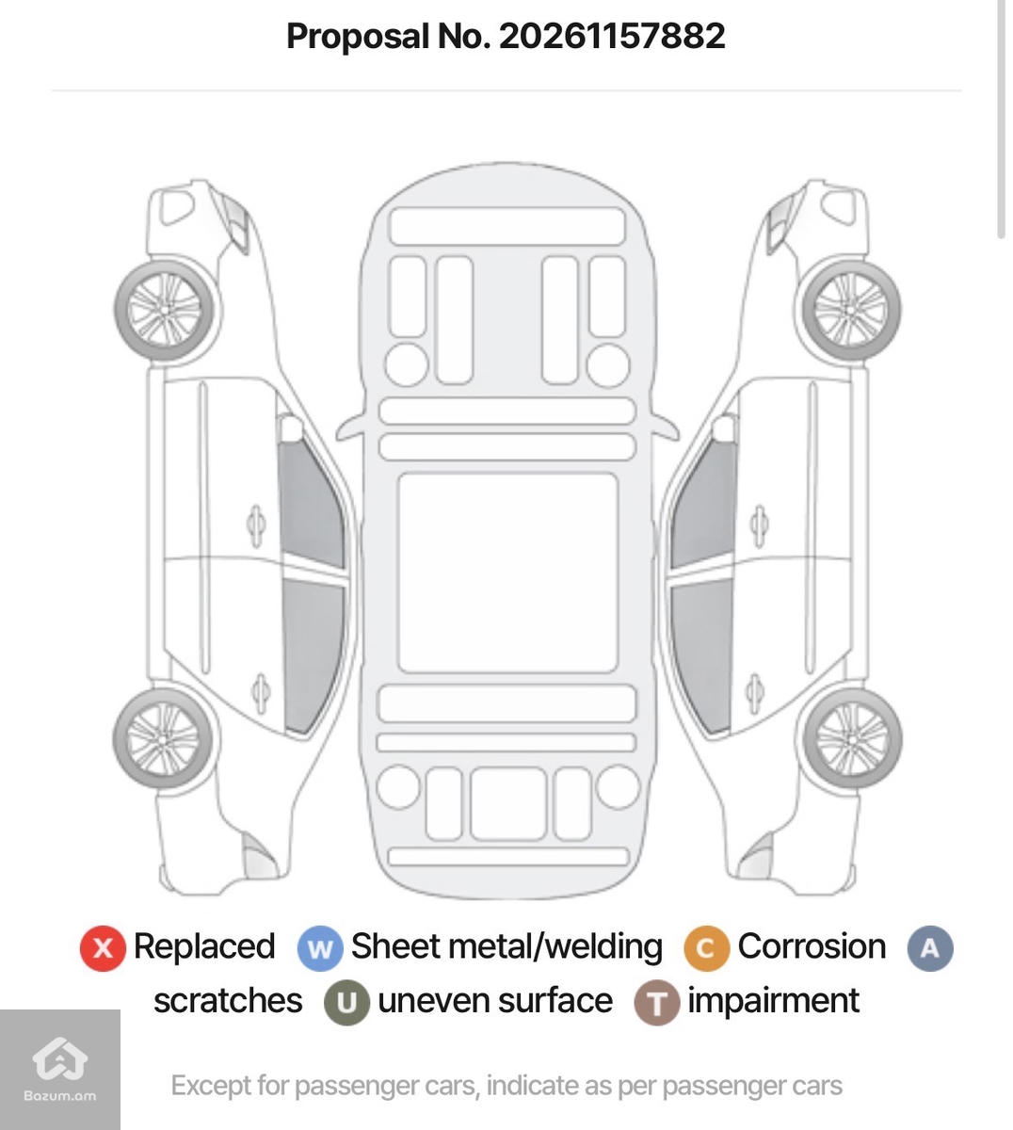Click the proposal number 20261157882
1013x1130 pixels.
tap(612, 36)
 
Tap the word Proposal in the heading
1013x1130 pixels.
tap(358, 38)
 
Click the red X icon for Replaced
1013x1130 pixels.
tap(103, 949)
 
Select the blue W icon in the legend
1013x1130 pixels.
tap(320, 949)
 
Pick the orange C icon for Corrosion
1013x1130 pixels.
tap(706, 949)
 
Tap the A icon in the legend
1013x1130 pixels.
tap(930, 949)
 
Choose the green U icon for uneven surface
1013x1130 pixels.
tap(346, 1003)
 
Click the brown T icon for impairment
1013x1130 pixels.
tap(656, 1003)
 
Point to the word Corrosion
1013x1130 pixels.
tap(812, 946)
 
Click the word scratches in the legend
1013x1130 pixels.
tap(228, 1001)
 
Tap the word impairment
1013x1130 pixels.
tap(773, 1002)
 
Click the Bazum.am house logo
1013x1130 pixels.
tap(60, 1057)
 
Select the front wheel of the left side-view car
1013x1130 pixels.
tap(165, 309)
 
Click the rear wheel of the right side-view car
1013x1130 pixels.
tap(852, 739)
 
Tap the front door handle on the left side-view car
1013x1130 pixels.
tap(256, 525)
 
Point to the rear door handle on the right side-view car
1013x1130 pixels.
tap(755, 693)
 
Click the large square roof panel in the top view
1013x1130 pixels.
tap(507, 573)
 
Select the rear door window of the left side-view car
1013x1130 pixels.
tap(314, 656)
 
